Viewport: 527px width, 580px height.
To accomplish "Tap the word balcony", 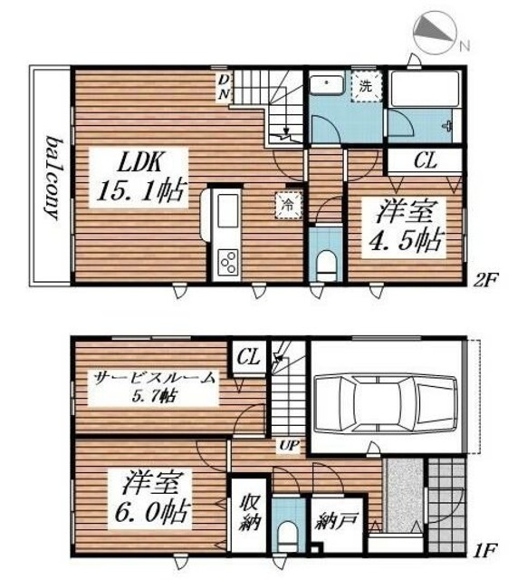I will (x=51, y=176).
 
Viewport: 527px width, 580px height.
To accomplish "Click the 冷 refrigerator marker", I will (x=284, y=204).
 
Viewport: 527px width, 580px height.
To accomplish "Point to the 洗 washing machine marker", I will (x=365, y=88).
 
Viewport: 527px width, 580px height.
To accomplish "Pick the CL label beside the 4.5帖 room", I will (x=425, y=162).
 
